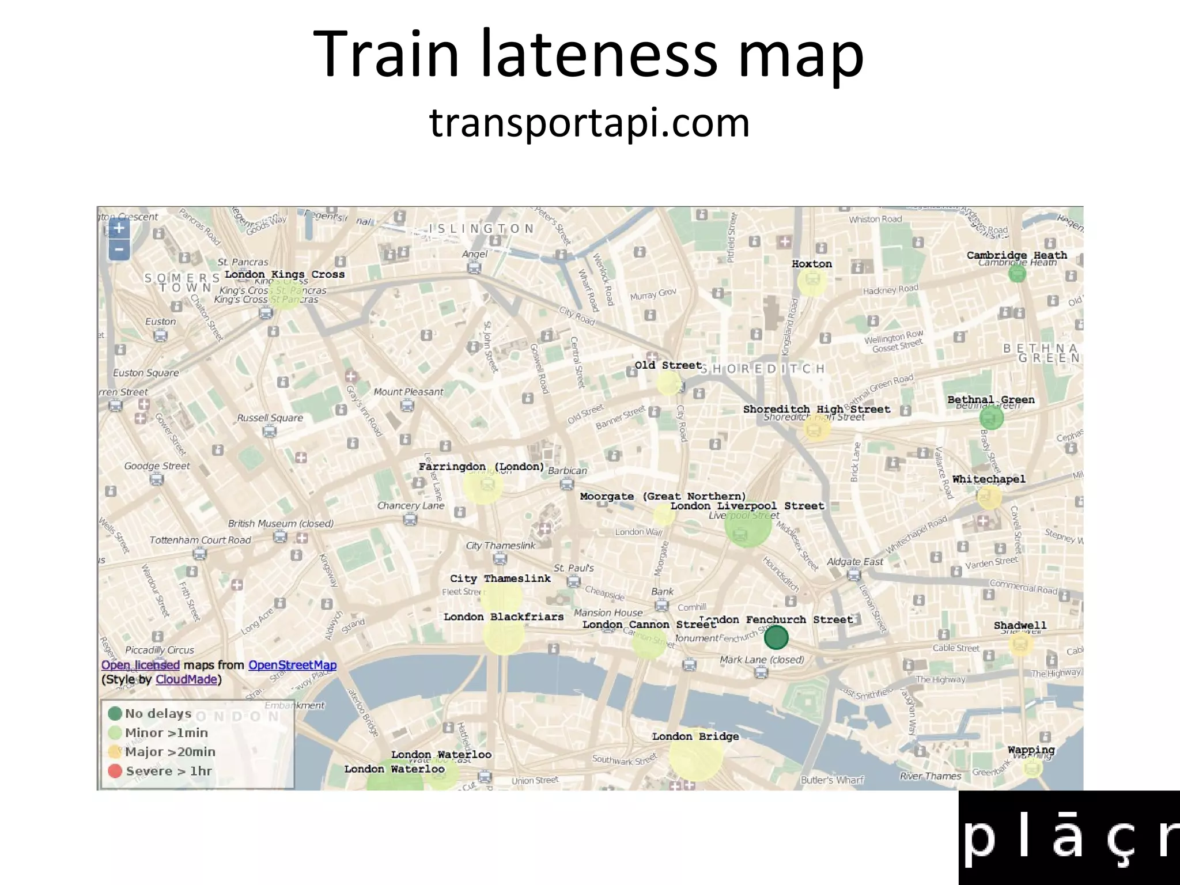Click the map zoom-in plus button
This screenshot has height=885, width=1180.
[119, 228]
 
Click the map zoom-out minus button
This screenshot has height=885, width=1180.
[119, 249]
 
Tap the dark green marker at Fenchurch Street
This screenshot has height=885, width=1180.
[776, 637]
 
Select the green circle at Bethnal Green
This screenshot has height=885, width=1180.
[991, 417]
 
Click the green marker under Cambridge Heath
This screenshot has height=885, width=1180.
[1017, 274]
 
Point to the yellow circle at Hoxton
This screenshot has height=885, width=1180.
[812, 282]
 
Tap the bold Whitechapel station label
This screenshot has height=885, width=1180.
[989, 479]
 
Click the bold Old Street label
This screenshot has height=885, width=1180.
[668, 365]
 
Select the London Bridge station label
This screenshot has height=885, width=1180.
[695, 736]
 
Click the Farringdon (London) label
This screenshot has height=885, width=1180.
[481, 467]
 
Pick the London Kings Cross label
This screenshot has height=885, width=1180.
[285, 275]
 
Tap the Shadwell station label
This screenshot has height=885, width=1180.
[1020, 625]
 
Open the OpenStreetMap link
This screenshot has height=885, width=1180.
[292, 665]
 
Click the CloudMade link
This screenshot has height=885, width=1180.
[186, 679]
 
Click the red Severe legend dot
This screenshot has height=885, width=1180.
[115, 771]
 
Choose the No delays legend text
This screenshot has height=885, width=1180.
[158, 714]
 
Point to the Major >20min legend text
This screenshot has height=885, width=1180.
[170, 752]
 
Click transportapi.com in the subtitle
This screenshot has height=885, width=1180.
[589, 123]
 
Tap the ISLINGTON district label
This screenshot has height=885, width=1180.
[482, 229]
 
